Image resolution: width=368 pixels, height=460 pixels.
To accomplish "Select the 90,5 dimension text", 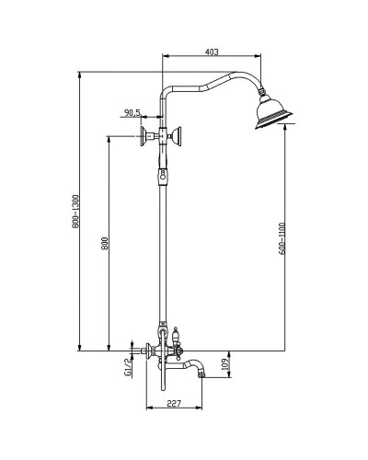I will pyautogui.click(x=131, y=113).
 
